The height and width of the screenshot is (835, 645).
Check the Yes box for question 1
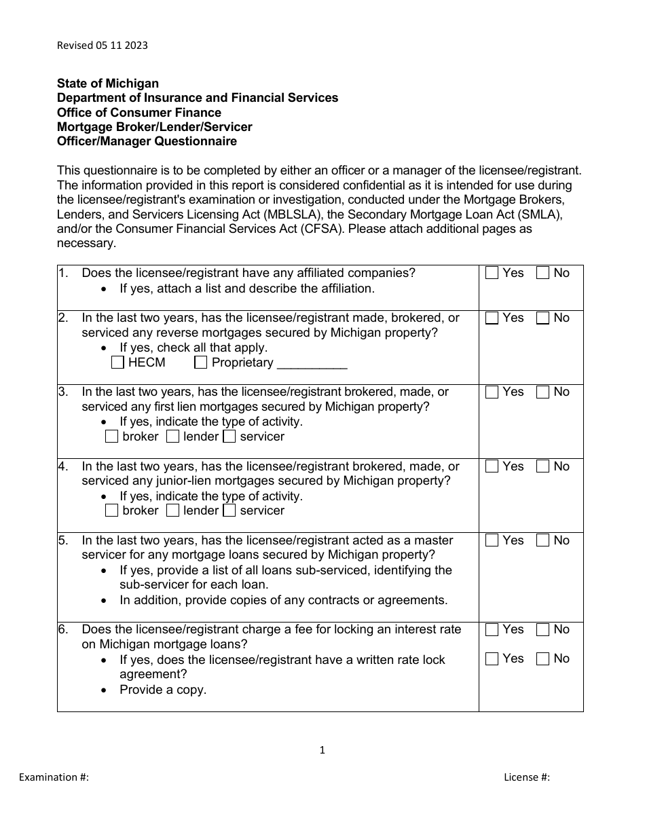click(x=492, y=273)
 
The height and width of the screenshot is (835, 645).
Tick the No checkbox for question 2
click(x=542, y=318)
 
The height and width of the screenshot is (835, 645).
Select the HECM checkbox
click(x=117, y=363)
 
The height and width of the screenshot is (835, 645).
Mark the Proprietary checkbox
click(x=201, y=363)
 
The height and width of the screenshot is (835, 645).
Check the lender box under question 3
click(x=172, y=437)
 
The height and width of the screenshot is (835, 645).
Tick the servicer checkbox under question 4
click(x=229, y=511)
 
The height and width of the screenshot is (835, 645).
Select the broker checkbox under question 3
click(x=112, y=437)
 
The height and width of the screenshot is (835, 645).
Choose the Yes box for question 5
click(x=492, y=540)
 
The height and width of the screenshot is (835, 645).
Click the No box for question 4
click(x=542, y=466)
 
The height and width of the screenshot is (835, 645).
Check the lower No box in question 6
click(x=542, y=658)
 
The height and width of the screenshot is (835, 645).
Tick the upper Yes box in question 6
click(x=492, y=629)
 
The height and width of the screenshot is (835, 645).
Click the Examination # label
click(x=54, y=777)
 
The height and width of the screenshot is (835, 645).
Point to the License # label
click(x=526, y=777)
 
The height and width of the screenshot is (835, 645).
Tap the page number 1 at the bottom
click(x=322, y=750)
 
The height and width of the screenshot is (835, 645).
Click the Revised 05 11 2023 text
click(x=102, y=45)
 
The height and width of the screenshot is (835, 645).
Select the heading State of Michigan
click(x=108, y=83)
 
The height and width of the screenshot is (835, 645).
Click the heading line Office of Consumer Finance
click(x=139, y=113)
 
